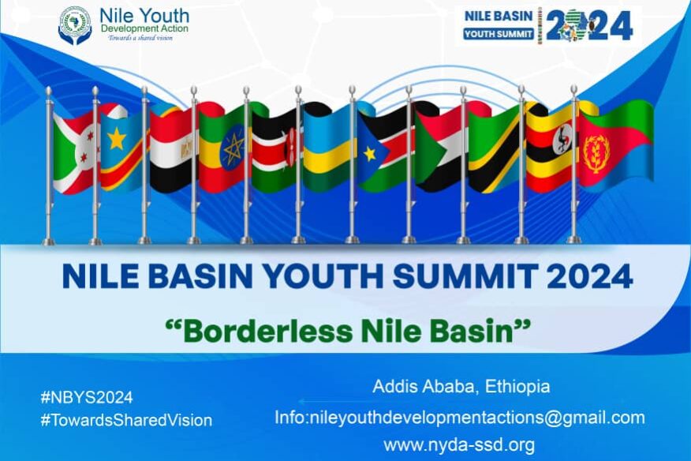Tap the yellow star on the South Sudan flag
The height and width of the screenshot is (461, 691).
(369, 153)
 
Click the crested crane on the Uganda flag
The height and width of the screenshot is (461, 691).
(562, 143)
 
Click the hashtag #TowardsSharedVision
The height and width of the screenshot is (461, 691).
(126, 421)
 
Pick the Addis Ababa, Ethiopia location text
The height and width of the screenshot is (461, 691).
(461, 388)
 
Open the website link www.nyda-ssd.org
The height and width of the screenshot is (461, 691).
(459, 444)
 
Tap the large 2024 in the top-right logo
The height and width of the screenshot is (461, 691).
(600, 26)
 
